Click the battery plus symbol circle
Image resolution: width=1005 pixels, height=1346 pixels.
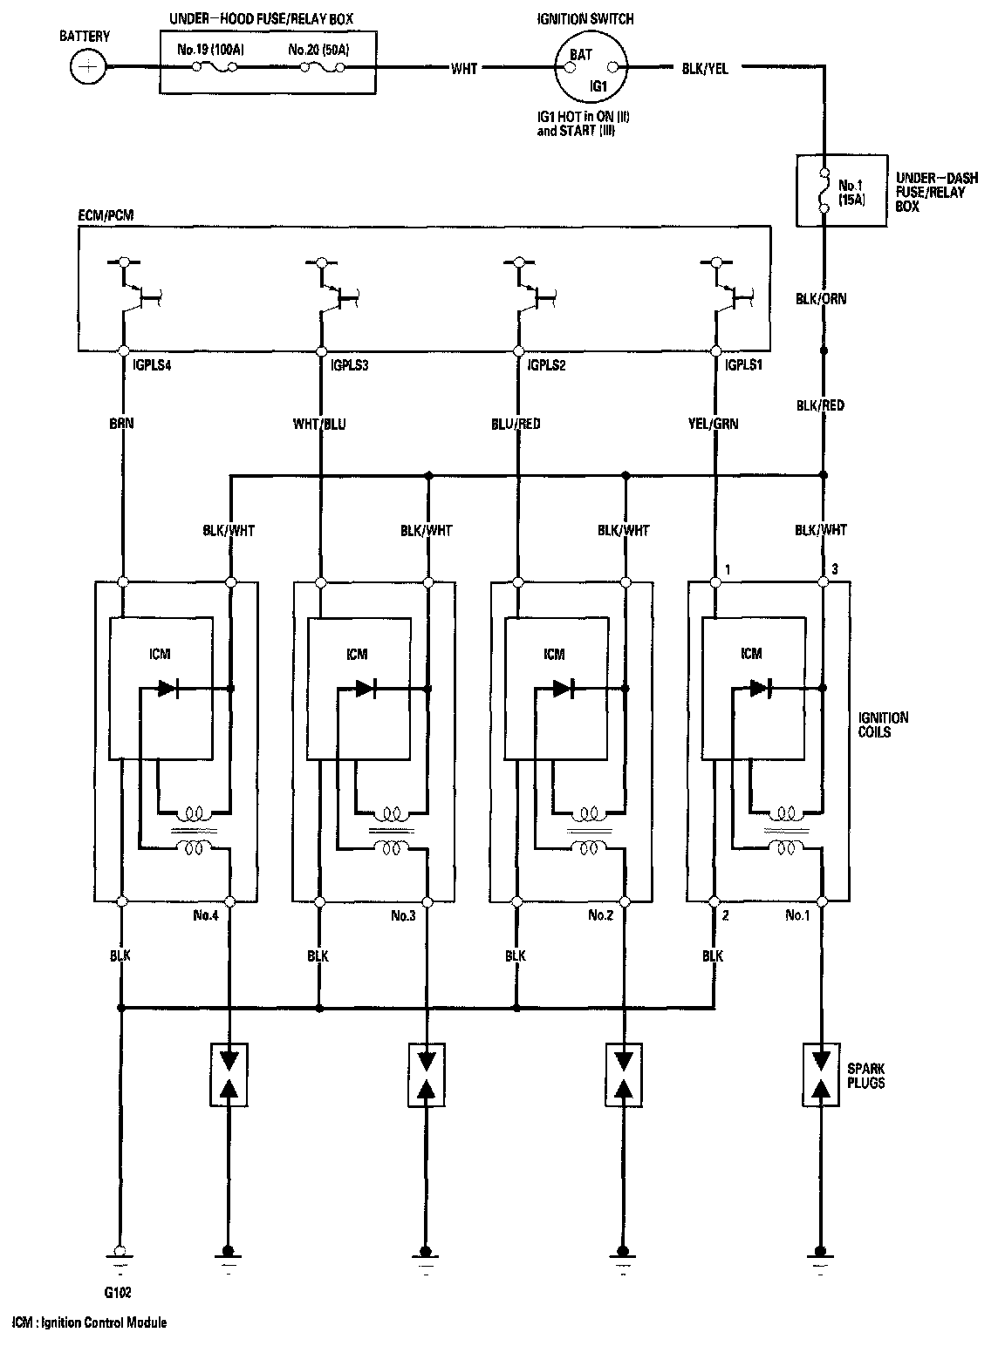pos(87,66)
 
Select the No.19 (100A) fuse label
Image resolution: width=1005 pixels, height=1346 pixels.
pos(210,50)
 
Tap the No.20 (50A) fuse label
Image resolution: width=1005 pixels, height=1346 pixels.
pos(318,50)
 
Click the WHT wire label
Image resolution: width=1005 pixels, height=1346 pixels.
pos(464,68)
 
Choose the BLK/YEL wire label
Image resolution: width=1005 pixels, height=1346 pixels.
pos(705,68)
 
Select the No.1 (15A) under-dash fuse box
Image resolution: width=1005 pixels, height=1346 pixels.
pos(823,191)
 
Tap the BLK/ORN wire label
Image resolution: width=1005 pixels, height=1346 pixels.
pos(820,299)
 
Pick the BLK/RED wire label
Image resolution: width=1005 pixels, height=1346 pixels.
pos(820,405)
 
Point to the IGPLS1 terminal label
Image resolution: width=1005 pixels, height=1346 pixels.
pos(743,366)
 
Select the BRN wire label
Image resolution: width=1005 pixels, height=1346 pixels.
pos(122,424)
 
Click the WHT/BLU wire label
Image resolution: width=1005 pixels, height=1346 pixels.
pos(319,425)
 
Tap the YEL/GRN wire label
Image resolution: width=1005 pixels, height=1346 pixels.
pos(712,425)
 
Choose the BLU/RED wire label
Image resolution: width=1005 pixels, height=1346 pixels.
pos(516,425)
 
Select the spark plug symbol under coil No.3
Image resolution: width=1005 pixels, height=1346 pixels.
pos(427,1074)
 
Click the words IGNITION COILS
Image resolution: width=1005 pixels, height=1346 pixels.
pos(884,724)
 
